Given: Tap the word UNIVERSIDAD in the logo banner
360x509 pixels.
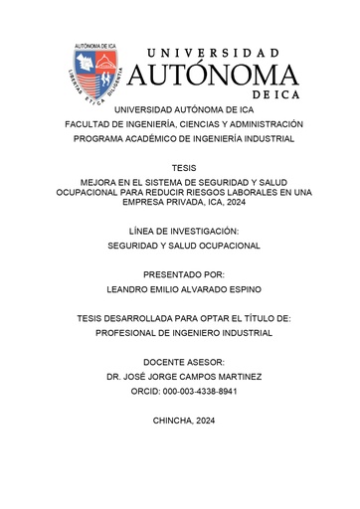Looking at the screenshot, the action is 213,50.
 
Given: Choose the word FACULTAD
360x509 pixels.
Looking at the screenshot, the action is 90,124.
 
